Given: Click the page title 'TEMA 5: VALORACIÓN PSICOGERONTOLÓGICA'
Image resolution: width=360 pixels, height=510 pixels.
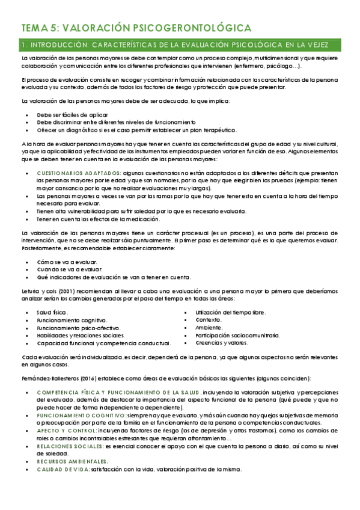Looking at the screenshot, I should pyautogui.click(x=136, y=28).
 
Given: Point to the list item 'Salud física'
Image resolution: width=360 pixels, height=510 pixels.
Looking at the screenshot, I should pyautogui.click(x=52, y=313).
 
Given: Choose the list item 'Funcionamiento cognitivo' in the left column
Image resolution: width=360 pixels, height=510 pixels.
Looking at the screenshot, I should pyautogui.click(x=72, y=320).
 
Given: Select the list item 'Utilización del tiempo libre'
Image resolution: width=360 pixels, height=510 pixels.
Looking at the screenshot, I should pyautogui.click(x=230, y=312).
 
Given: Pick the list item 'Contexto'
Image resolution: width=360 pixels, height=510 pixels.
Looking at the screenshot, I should pyautogui.click(x=209, y=320).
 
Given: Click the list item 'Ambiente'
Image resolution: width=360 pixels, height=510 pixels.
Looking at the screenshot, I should pyautogui.click(x=209, y=328).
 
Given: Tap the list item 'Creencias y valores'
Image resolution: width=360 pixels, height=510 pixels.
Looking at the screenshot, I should pyautogui.click(x=222, y=343).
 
